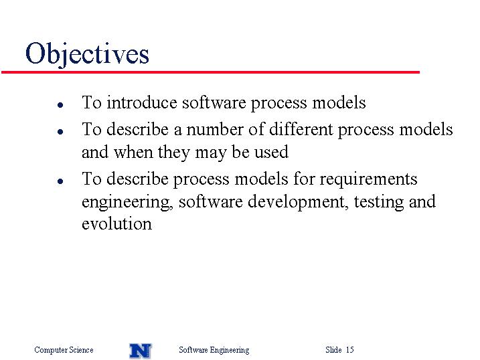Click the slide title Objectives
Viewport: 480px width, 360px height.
(x=87, y=54)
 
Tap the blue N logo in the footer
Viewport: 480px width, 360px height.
(x=141, y=351)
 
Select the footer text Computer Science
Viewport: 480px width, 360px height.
(x=64, y=349)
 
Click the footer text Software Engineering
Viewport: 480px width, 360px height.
(x=214, y=350)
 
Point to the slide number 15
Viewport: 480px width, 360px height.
(x=350, y=349)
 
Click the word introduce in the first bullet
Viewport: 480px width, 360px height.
(x=142, y=102)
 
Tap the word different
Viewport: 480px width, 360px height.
(x=301, y=129)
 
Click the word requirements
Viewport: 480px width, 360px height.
(x=368, y=179)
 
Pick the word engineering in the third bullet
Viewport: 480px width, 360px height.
(x=127, y=202)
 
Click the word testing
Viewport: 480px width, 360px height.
(x=379, y=202)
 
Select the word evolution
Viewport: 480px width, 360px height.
(x=116, y=223)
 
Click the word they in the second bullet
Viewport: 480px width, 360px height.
(x=173, y=153)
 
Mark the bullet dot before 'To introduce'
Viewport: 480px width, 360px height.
(x=60, y=105)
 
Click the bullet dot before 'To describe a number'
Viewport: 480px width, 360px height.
(x=60, y=132)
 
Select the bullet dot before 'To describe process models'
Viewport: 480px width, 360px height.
(x=60, y=181)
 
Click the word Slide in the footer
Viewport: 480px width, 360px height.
(x=333, y=349)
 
